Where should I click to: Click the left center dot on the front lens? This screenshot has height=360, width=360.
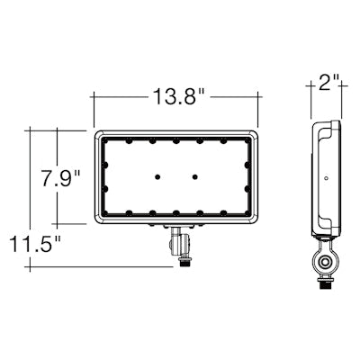157,176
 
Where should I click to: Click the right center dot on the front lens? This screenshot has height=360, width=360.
194,176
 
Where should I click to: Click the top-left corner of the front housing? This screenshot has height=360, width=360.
96,130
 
